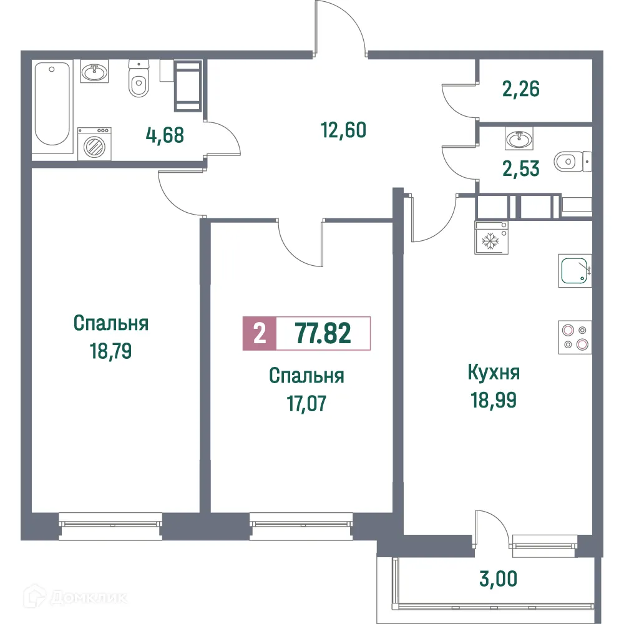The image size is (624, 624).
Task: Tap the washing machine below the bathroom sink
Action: click(94, 144)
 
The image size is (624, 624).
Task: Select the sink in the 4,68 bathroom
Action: click(95, 73)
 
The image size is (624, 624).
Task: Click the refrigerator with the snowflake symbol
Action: click(492, 238)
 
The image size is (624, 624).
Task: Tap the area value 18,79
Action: click(110, 351)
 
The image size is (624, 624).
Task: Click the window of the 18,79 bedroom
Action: click(110, 523)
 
